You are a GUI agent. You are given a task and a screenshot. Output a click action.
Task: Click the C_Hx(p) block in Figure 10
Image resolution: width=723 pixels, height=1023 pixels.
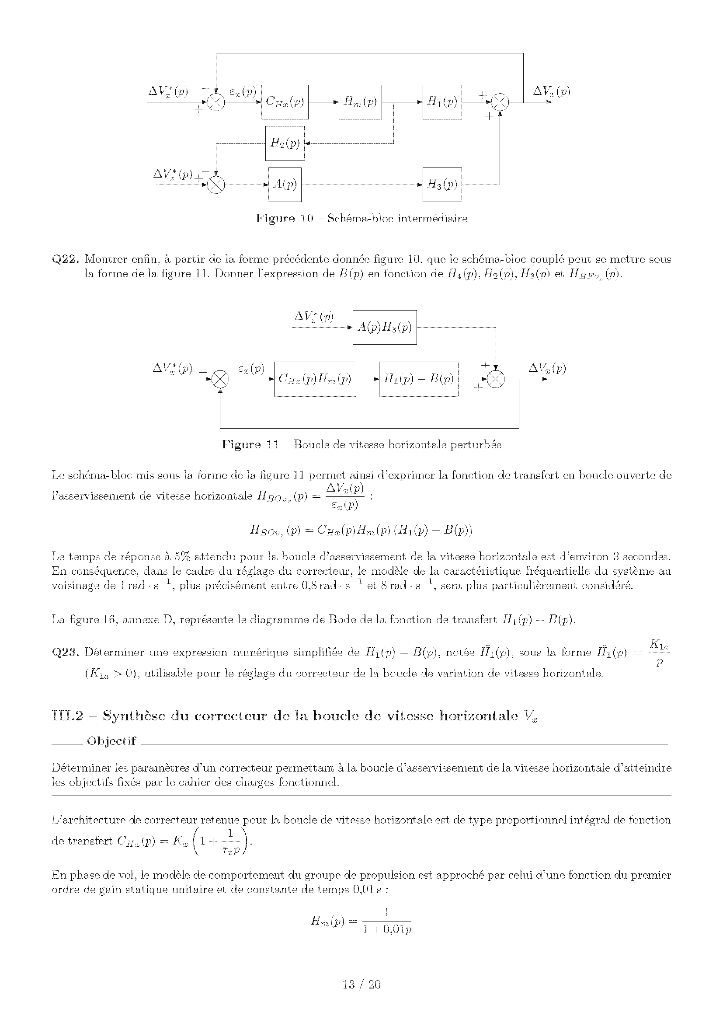click(285, 102)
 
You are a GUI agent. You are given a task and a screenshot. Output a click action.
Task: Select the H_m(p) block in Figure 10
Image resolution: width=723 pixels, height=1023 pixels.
click(360, 102)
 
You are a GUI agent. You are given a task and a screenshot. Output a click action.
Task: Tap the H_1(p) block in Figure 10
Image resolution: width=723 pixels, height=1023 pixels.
click(441, 102)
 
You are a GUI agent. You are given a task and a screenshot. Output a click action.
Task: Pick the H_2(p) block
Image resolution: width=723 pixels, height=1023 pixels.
click(285, 143)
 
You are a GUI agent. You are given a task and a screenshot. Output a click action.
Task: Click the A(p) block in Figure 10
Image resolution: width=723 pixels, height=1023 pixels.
click(285, 185)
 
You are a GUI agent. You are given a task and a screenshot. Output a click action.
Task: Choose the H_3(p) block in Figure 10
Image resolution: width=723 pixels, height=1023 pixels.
click(441, 185)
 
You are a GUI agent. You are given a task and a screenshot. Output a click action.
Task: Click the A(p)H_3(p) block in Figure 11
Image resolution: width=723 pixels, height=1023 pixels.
click(385, 328)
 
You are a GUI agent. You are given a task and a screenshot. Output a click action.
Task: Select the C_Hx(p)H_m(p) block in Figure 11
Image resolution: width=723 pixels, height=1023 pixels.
click(315, 379)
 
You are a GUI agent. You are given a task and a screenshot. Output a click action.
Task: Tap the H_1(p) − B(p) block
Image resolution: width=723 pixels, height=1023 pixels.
click(418, 379)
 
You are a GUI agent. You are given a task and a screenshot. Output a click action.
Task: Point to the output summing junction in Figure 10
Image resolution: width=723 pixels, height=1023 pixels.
click(500, 102)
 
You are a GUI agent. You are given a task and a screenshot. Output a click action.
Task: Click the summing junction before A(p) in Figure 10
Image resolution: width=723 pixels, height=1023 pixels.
click(216, 185)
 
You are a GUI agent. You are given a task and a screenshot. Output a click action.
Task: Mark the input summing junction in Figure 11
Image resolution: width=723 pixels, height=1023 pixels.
click(220, 379)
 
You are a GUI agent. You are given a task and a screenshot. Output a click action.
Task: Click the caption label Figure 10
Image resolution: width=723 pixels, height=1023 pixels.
click(284, 218)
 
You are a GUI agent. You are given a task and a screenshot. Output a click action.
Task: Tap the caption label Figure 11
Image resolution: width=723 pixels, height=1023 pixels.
click(250, 445)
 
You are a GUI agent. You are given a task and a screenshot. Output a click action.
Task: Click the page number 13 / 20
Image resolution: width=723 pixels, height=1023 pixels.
click(361, 984)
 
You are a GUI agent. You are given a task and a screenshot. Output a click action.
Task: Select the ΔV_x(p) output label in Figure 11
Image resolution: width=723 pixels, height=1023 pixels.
click(547, 368)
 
